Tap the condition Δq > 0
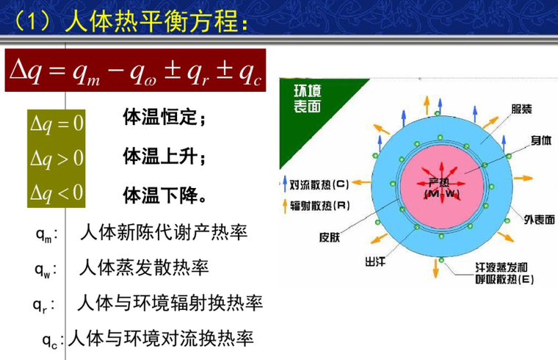tap(57, 158)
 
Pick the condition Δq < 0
tap(57, 192)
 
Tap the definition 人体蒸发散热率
tap(143, 268)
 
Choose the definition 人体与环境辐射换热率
tap(169, 303)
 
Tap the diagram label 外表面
tap(539, 219)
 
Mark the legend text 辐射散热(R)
tap(321, 206)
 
